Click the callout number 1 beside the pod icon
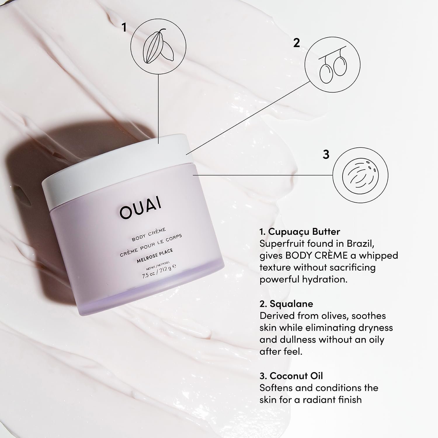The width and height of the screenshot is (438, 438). (x=124, y=28)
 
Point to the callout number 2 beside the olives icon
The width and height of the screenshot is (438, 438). (x=296, y=43)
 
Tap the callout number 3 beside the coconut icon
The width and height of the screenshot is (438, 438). (x=326, y=154)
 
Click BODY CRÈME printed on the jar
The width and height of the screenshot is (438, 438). (x=149, y=234)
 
